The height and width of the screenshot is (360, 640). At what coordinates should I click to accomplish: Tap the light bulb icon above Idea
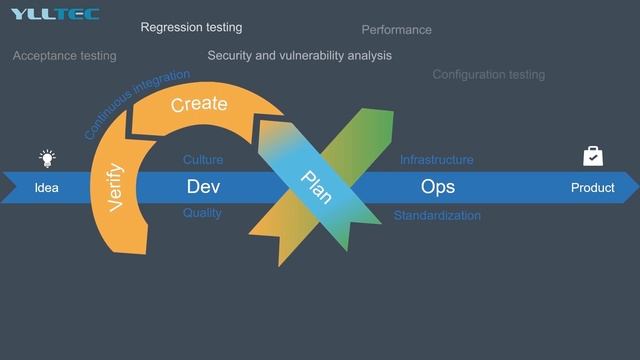(47, 157)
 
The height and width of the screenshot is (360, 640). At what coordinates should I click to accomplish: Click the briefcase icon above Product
(593, 156)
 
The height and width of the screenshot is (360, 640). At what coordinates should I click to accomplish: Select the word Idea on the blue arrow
(47, 188)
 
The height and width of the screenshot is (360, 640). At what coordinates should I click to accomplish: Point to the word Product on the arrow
(593, 188)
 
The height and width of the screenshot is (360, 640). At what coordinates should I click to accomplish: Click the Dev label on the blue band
(203, 187)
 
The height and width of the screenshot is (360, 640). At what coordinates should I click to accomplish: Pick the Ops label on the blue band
(438, 187)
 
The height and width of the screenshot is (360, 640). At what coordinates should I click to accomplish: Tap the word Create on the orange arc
(199, 104)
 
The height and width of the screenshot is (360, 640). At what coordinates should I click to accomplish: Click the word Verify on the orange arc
(115, 186)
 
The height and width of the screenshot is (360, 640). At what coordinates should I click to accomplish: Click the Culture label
(203, 160)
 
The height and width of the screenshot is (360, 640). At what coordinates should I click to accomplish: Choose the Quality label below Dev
(202, 213)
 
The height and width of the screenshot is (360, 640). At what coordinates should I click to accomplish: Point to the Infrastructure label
(437, 160)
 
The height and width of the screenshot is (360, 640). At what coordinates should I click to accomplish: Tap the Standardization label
(437, 216)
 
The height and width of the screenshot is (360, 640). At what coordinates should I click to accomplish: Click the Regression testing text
(191, 28)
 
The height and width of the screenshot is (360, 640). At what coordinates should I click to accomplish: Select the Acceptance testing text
(64, 56)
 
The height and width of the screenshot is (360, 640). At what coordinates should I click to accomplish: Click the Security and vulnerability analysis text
(300, 56)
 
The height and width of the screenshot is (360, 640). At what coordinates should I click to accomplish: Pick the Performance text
(397, 30)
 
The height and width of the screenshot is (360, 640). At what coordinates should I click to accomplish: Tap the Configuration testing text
(489, 75)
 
